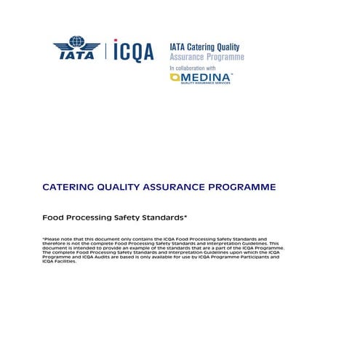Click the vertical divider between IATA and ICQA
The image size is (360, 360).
point(106,49)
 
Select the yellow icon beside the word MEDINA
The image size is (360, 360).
point(175,77)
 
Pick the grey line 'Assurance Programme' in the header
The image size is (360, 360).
point(207,57)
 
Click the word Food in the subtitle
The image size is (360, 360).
point(52,217)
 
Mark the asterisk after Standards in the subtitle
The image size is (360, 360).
point(185,216)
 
